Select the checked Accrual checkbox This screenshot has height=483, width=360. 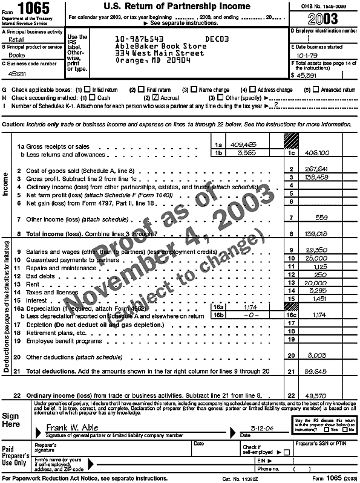tap(156, 97)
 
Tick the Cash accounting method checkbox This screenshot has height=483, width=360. tap(93, 97)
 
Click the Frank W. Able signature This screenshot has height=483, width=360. tap(71, 427)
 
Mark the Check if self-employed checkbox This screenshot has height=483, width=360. tap(286, 452)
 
